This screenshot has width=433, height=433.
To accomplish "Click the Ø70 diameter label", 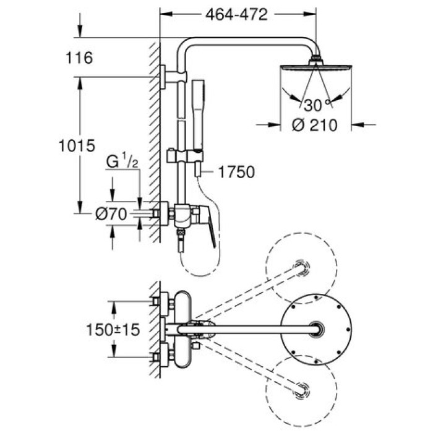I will click(x=111, y=214).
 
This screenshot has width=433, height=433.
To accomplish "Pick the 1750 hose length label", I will click(x=236, y=172).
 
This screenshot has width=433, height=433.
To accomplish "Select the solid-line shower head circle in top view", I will click(x=317, y=330).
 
